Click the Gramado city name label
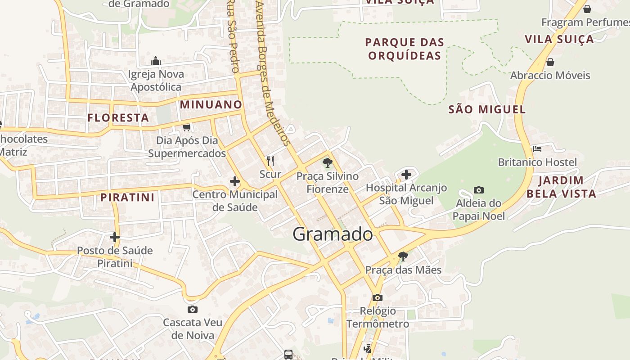[x=333, y=234]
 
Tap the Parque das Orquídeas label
[x=405, y=49]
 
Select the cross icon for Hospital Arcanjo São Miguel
[x=406, y=174]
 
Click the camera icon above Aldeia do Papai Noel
[x=478, y=190]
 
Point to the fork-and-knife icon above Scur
[x=270, y=161]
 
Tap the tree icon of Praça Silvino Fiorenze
[x=328, y=163]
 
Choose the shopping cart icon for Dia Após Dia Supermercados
[x=187, y=127]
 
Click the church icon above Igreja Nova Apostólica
[x=156, y=61]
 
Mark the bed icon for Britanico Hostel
[x=537, y=149]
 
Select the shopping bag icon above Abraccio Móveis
[x=550, y=62]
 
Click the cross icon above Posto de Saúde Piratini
[x=115, y=237]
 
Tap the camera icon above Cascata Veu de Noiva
[x=193, y=309]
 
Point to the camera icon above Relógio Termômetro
[x=378, y=297]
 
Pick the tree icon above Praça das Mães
[x=403, y=256]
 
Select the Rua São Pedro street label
[x=232, y=36]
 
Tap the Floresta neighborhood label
[x=118, y=118]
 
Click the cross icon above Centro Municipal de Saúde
[x=235, y=182]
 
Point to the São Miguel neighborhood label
[x=487, y=109]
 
